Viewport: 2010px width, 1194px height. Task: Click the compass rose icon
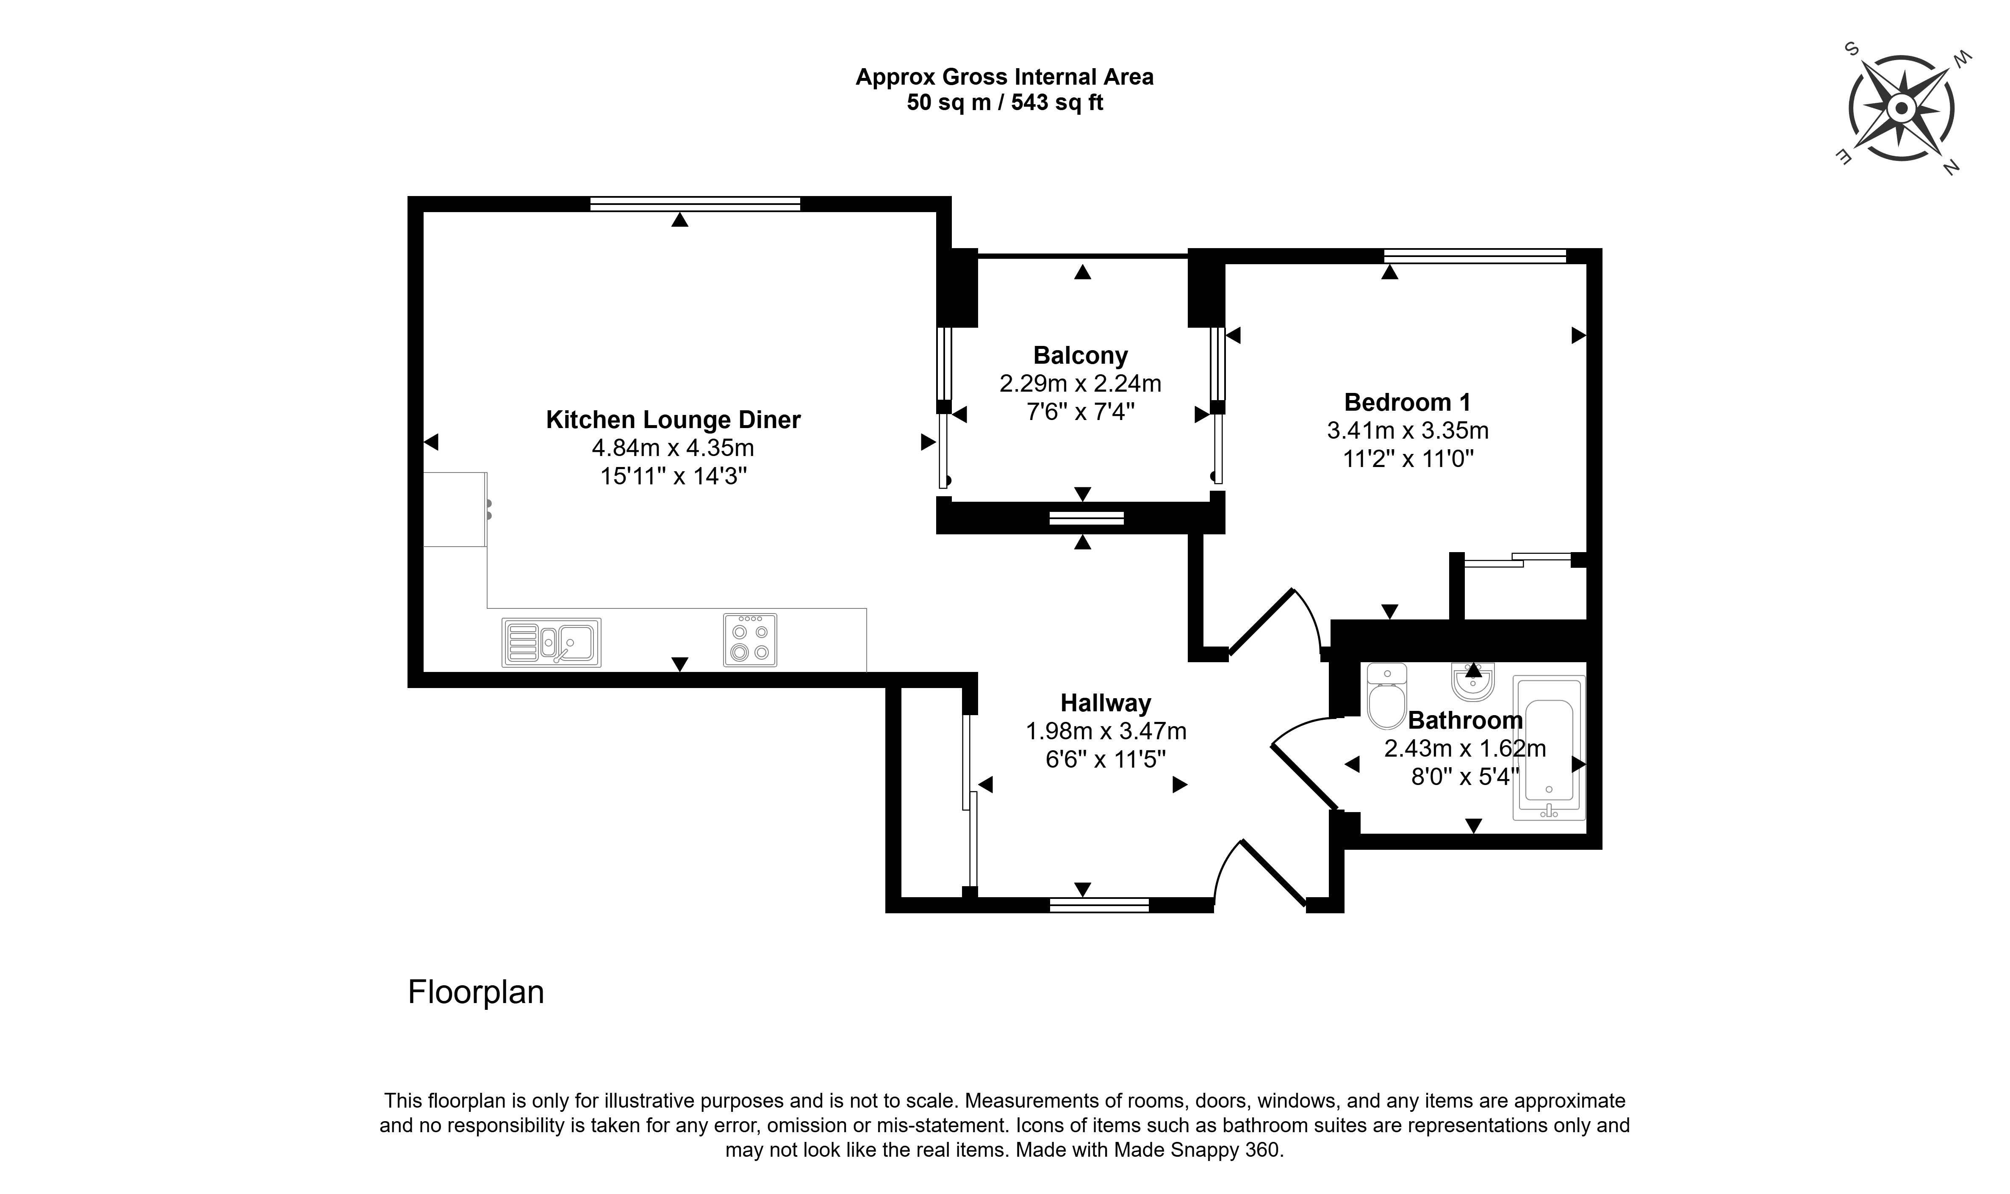point(1901,108)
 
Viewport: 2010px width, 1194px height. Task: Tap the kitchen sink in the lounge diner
point(552,642)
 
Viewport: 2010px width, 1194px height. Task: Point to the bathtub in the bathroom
point(1549,747)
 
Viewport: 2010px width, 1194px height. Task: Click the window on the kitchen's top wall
point(696,204)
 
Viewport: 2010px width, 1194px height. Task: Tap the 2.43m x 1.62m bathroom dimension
point(1465,748)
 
